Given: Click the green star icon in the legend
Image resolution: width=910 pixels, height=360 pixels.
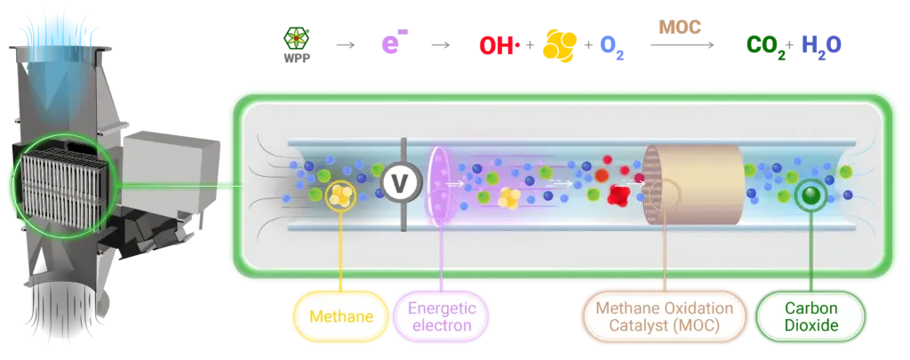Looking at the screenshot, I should (x=295, y=37).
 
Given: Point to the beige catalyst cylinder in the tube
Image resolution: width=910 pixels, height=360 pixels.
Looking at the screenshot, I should (x=702, y=185).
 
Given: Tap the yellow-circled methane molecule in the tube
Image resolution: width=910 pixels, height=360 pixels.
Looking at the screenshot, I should (x=340, y=195).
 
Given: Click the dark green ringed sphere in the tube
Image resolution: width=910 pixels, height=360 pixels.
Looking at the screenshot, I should (x=809, y=195).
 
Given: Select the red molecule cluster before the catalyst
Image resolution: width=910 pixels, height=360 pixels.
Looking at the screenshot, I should (x=616, y=192).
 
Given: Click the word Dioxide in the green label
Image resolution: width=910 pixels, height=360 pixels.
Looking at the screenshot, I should (x=811, y=326).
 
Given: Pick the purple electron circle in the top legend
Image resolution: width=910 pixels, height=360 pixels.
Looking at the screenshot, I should (x=392, y=41).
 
